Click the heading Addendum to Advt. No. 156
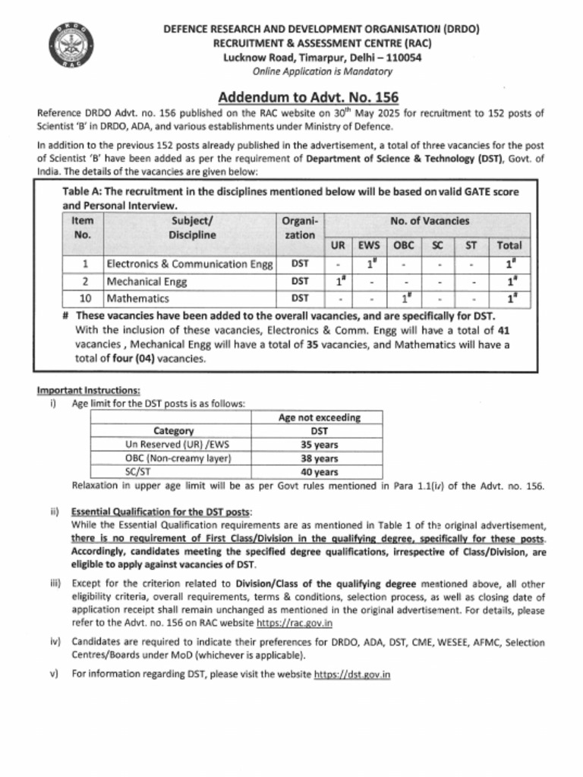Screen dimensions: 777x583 pos(308,97)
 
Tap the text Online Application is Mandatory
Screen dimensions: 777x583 pos(322,71)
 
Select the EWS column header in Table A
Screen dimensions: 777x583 pos(368,245)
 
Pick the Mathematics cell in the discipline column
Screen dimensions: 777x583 pos(137,298)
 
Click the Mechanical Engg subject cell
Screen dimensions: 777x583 pos(147,281)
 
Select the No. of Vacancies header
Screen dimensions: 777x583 pos(430,221)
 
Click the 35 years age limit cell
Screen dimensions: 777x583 pos(319,445)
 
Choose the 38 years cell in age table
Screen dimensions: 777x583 pos(319,458)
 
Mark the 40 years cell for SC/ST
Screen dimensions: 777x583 pos(319,472)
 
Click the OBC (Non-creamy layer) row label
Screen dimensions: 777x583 pos(178,458)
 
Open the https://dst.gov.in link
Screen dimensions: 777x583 pos(351,674)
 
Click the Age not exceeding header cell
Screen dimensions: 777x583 pos(319,417)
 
